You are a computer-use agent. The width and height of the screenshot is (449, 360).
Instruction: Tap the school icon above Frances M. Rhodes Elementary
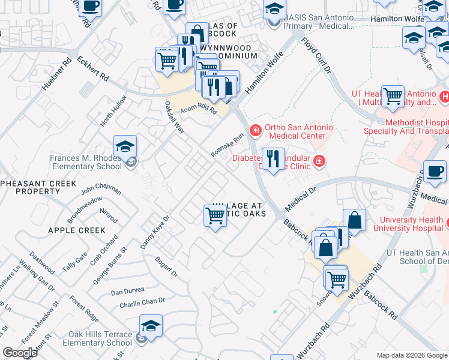[125, 146]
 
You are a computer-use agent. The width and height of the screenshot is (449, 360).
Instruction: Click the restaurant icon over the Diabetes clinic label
[273, 159]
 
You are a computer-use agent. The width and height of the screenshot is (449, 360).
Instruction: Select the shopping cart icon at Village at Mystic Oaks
[215, 215]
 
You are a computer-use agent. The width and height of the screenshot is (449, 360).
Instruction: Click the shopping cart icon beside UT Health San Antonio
[393, 95]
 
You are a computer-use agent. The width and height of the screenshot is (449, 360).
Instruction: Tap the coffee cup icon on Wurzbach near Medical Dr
[435, 171]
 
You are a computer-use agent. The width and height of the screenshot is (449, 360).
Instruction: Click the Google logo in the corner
[20, 353]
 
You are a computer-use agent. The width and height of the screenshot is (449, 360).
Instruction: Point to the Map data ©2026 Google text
[411, 355]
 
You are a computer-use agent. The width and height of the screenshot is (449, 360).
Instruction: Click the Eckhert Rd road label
[92, 68]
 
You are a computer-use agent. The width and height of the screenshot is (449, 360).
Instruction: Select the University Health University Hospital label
[409, 224]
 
